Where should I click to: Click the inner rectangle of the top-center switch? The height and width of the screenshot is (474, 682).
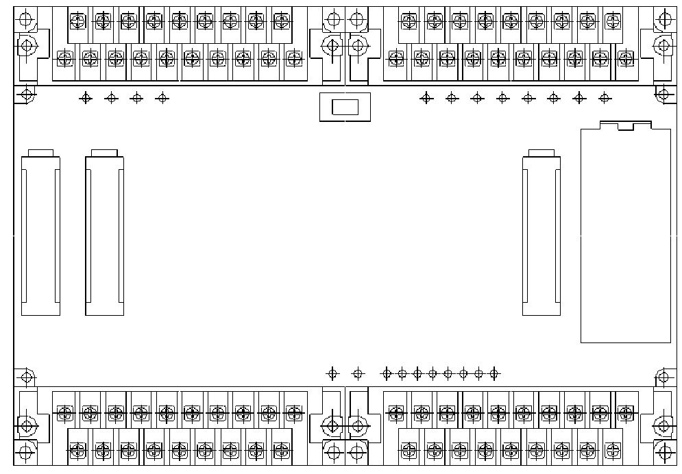(345, 107)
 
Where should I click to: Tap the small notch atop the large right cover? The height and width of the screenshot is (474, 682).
(625, 126)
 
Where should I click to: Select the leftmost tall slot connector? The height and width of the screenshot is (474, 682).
(40, 236)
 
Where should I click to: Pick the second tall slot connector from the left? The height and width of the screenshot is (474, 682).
(105, 236)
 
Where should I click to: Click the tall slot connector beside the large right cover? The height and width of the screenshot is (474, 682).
(541, 236)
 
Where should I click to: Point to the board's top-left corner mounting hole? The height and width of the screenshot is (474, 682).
(27, 94)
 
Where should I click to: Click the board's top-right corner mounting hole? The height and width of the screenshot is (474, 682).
(663, 94)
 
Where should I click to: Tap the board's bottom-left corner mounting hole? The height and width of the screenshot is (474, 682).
(27, 377)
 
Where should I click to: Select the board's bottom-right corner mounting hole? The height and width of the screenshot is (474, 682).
(663, 377)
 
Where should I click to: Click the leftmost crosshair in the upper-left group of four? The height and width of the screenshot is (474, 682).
(86, 98)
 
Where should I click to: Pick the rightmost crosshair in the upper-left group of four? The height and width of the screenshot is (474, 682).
(162, 98)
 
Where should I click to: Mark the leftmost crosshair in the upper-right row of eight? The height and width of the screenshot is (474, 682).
(426, 98)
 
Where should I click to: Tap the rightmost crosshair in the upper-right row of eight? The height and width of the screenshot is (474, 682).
(604, 98)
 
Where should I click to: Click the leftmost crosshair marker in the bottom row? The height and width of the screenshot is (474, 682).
(332, 373)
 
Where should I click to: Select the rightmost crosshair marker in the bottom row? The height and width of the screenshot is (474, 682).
(494, 373)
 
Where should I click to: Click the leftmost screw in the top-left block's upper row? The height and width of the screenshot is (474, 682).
(78, 21)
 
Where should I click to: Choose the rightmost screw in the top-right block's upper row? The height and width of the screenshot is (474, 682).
(612, 21)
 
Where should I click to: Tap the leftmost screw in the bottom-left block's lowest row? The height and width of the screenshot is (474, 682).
(78, 450)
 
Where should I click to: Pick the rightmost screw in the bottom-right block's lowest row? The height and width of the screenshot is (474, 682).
(612, 450)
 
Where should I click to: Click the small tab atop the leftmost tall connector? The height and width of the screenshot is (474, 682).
(40, 153)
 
